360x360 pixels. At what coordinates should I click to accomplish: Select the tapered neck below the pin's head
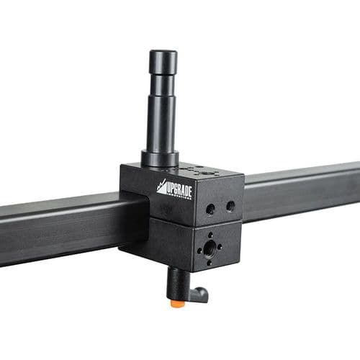point(162,81)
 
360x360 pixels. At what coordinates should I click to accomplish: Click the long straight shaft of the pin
point(161,119)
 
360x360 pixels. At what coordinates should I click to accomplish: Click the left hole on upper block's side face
point(210,208)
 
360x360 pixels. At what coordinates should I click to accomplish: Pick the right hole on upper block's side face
point(230,206)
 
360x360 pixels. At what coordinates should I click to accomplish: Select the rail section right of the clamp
point(302,188)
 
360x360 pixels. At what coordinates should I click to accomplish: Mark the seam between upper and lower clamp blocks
point(180,219)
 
